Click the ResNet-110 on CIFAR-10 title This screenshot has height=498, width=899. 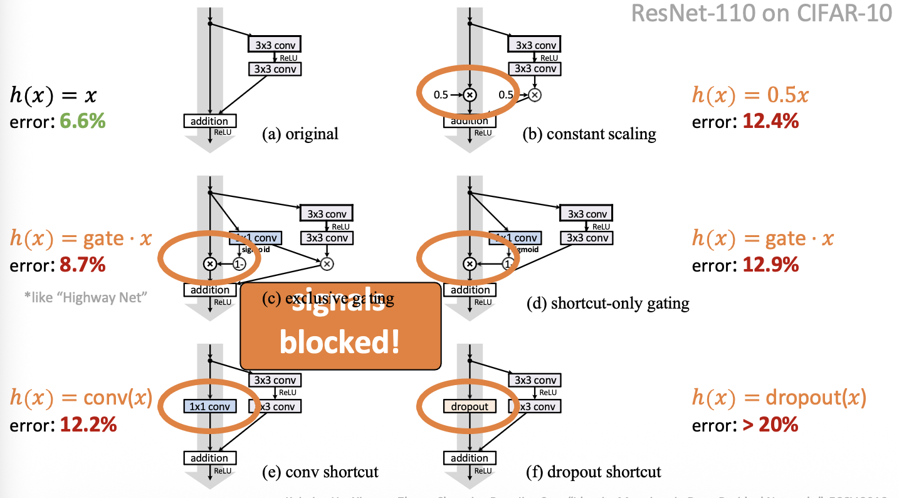761,13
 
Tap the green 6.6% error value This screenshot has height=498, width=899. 82,121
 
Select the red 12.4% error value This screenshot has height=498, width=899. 770,121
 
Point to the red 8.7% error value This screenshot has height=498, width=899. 82,265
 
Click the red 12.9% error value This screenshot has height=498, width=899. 770,265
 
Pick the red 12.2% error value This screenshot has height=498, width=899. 88,425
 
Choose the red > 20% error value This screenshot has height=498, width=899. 770,425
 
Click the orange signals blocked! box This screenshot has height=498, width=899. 340,326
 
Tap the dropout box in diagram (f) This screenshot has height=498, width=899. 469,406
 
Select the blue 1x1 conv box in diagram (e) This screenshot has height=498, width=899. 209,406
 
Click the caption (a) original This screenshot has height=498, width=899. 300,134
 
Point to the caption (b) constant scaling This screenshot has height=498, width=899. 589,134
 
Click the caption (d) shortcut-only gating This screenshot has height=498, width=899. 607,304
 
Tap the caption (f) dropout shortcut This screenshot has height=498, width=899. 592,472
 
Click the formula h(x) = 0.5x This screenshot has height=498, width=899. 750,95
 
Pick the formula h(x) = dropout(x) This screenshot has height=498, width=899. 779,398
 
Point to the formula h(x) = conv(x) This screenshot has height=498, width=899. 81,398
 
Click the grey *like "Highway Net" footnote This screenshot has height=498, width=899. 85,297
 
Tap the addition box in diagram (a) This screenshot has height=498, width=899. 209,120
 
